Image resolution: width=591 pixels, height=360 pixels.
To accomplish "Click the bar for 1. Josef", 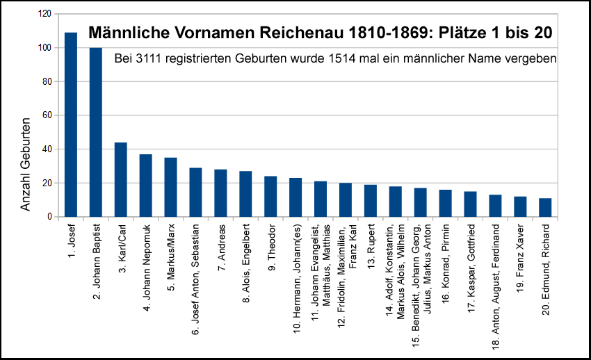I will coord(70,125).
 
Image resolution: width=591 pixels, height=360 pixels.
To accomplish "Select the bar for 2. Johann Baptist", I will coord(95,132).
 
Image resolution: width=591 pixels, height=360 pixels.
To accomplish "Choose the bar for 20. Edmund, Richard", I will coord(546,208).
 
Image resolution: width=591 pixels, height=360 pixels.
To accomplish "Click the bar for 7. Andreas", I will coord(220,193).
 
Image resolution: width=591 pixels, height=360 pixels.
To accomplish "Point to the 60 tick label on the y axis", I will coord(46,115).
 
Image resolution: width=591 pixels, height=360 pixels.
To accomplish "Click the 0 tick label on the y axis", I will coord(49,217).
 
